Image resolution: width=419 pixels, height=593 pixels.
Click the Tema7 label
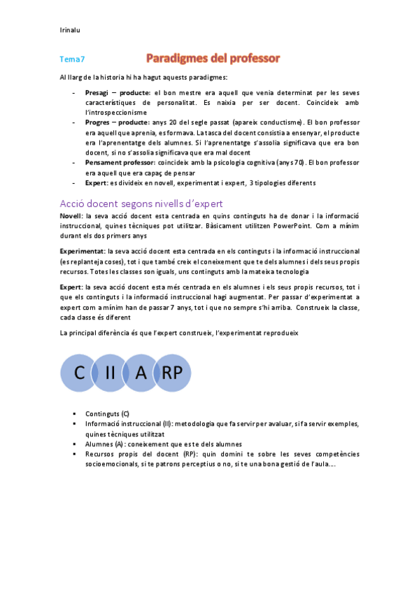pos(72,60)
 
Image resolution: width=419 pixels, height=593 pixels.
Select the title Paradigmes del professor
pos(213,58)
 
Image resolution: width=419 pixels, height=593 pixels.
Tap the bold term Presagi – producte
pos(117,93)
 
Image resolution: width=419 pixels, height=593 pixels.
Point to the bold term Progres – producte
pos(117,122)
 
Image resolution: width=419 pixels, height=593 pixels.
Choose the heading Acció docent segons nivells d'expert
pos(141,203)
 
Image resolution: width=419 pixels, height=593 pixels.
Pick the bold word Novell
pos(71,217)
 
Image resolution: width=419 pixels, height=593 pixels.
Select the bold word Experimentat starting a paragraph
pos(82,250)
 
